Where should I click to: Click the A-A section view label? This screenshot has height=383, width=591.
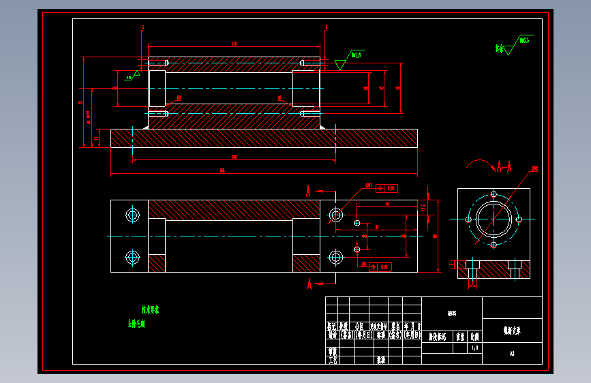(504, 166)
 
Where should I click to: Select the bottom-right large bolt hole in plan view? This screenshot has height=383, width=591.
(335, 257)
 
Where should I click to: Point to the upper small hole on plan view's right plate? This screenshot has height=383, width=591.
(357, 223)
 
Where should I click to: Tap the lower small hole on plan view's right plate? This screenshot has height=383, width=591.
(357, 249)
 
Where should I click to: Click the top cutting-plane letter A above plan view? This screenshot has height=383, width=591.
(308, 189)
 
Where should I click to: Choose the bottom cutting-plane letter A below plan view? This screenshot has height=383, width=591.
(308, 283)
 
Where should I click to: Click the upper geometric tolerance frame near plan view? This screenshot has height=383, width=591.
(386, 188)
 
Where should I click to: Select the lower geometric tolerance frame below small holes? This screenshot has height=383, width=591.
(380, 266)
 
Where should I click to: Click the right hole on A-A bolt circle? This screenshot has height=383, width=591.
(519, 219)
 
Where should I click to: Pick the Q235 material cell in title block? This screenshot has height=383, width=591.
(451, 313)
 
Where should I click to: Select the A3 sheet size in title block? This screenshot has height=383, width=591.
(512, 354)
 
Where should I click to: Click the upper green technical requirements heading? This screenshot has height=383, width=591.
(150, 310)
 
